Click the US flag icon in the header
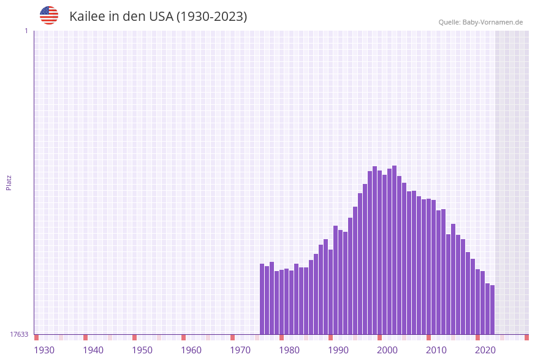click(49, 15)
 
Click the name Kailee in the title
click(87, 17)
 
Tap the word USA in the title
click(161, 17)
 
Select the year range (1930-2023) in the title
click(212, 17)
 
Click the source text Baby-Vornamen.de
click(493, 22)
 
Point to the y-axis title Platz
click(9, 182)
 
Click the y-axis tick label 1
click(26, 31)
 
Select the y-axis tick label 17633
click(19, 334)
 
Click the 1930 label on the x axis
click(44, 350)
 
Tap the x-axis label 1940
click(93, 350)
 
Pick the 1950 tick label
click(142, 350)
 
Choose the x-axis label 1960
click(191, 350)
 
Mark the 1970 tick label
click(240, 350)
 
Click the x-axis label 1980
click(289, 350)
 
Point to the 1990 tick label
click(338, 350)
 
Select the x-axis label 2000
click(387, 350)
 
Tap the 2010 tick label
click(436, 350)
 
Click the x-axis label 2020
click(485, 350)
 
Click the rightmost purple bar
click(492, 310)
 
